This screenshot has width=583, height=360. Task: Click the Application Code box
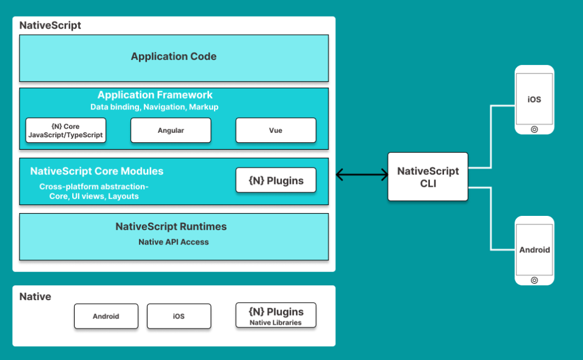(174, 57)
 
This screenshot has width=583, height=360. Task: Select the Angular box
(171, 130)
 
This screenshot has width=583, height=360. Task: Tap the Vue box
(276, 130)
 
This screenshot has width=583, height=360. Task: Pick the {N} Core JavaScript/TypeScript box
(65, 130)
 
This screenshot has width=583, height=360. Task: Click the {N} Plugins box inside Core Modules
(276, 181)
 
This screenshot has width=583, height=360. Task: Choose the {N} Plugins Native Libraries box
(276, 316)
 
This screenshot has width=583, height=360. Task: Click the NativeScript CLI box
(428, 177)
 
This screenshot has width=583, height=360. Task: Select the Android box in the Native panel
(106, 316)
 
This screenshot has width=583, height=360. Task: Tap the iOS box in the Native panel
(179, 316)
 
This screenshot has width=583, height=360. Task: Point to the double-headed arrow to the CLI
(362, 175)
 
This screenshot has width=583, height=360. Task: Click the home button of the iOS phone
(534, 129)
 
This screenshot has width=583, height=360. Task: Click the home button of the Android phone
(534, 280)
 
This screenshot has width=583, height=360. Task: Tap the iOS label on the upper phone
(534, 99)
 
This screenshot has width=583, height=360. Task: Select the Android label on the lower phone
(534, 249)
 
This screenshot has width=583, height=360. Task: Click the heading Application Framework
(155, 95)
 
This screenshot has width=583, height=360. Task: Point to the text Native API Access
(173, 242)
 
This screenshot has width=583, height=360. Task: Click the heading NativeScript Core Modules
(97, 171)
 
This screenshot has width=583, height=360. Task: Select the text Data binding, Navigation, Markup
(154, 107)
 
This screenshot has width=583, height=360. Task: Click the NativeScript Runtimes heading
(171, 227)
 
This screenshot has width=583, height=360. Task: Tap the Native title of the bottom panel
(35, 296)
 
